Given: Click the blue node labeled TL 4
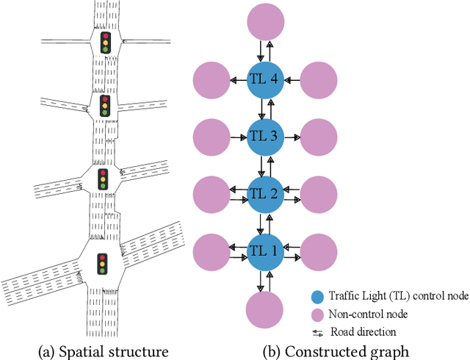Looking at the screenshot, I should point(264,80).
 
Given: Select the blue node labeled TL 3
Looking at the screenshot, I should point(264,137).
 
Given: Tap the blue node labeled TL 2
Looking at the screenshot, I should point(264,194).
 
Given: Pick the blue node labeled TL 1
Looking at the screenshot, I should point(264,251).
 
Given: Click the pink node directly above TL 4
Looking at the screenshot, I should point(264,22).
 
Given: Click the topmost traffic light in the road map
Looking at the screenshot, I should point(104,42).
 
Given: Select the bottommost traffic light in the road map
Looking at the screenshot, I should point(102,263).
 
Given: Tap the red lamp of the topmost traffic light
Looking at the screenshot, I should point(104,35).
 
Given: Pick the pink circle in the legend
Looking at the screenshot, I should point(317,315).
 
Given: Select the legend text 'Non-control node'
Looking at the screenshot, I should point(370,315).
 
